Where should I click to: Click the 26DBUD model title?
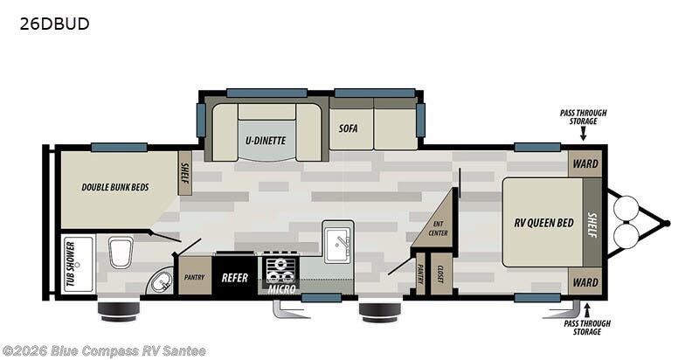pyautogui.click(x=53, y=24)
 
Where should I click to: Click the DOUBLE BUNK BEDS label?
pyautogui.click(x=114, y=186)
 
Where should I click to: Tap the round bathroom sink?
pyautogui.click(x=161, y=281)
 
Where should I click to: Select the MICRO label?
pyautogui.click(x=280, y=289)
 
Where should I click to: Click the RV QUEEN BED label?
pyautogui.click(x=543, y=222)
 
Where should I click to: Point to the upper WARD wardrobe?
pyautogui.click(x=585, y=163)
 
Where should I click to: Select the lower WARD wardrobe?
pyautogui.click(x=585, y=282)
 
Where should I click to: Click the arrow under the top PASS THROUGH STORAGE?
pyautogui.click(x=583, y=131)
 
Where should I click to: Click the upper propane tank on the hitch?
pyautogui.click(x=626, y=208)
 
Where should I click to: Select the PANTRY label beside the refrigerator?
pyautogui.click(x=193, y=277)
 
